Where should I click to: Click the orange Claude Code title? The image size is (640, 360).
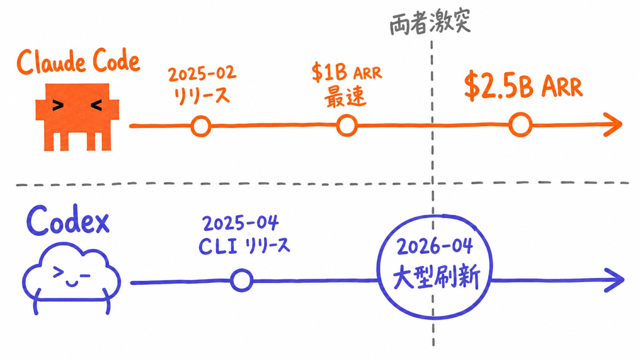78,62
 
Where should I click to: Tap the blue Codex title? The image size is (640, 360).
68,221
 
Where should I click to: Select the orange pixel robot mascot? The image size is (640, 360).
77,117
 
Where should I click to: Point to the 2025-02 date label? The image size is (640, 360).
202,74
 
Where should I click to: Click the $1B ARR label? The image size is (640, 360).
347,72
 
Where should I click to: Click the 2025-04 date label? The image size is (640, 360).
240,223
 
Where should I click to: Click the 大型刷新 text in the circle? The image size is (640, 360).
436,277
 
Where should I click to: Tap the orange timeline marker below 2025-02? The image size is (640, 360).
201,126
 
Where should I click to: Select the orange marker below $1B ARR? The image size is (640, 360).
347,125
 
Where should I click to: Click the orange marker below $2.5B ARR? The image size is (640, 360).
520,125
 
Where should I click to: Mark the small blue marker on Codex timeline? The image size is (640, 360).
242,280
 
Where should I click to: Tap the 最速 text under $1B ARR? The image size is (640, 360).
345,97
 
